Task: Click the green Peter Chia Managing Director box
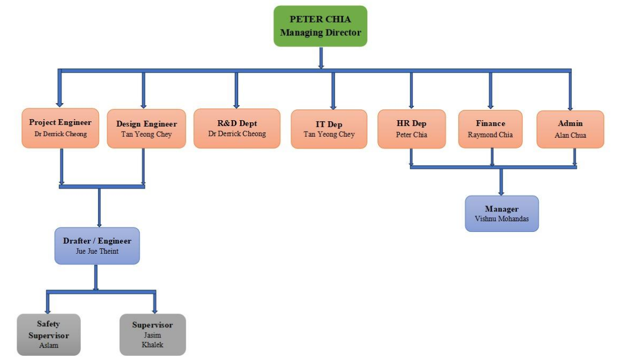click(320, 26)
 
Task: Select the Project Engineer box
click(60, 128)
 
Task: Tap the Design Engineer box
click(146, 129)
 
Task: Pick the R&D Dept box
click(237, 128)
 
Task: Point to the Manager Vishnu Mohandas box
click(501, 214)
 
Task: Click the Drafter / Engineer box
click(97, 246)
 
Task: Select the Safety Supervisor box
click(49, 334)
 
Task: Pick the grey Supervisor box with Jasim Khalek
click(153, 334)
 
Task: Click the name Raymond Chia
click(490, 135)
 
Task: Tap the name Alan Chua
click(570, 135)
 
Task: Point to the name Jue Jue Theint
click(97, 251)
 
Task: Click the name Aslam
click(49, 345)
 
